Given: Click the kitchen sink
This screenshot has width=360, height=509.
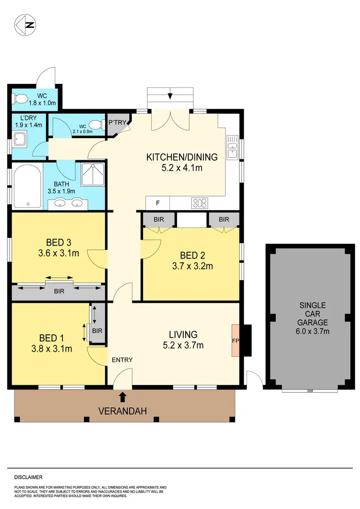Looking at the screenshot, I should tap(233, 147).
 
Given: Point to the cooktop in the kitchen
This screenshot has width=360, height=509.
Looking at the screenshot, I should tap(199, 203).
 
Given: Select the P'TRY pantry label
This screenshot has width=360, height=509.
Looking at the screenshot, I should tap(117, 123).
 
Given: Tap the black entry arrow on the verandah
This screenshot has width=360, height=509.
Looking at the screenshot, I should tap(123, 396).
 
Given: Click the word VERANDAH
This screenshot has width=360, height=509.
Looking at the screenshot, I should tap(122, 411).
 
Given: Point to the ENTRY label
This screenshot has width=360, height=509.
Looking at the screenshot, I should tap(122, 360).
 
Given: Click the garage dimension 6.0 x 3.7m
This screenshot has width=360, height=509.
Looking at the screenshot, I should tap(312, 331).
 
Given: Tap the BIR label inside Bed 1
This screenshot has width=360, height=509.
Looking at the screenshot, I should tap(97, 331).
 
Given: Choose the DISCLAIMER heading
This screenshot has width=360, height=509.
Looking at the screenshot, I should tap(28, 477).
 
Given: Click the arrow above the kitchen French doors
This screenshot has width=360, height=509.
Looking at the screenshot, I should tap(170, 96).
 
